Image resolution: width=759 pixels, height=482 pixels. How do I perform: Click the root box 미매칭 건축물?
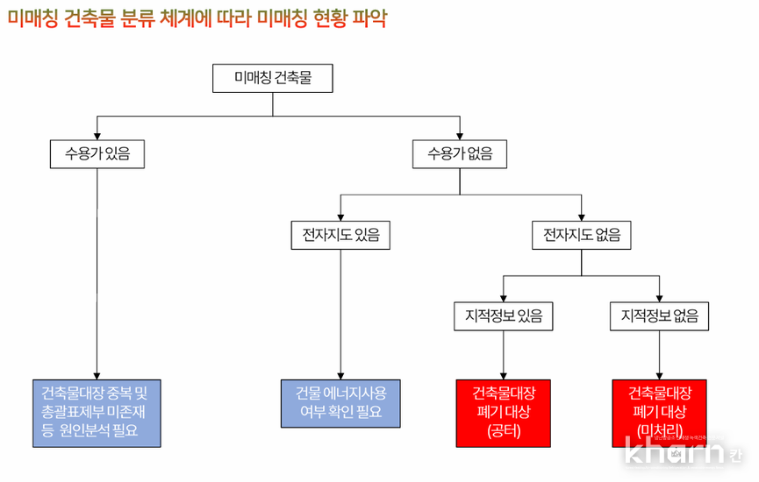(x=273, y=78)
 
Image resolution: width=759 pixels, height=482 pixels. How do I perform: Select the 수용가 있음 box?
(x=97, y=154)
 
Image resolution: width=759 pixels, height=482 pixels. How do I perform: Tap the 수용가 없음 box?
(x=460, y=154)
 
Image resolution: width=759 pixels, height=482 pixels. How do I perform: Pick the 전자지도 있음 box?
(x=340, y=235)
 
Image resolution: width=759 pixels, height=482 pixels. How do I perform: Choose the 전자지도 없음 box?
(x=582, y=235)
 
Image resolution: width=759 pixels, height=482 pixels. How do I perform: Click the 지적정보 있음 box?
(x=503, y=315)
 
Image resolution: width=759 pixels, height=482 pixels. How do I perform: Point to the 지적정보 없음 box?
(x=659, y=315)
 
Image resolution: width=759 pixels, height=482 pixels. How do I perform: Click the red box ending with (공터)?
(x=503, y=412)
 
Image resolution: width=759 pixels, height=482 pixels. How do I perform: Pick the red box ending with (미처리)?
(x=659, y=412)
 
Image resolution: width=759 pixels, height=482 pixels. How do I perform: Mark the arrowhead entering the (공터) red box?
(x=503, y=374)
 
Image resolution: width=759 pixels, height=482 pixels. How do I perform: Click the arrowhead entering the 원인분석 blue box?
(x=97, y=374)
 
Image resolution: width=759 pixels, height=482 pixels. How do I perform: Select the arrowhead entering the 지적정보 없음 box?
(x=659, y=298)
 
